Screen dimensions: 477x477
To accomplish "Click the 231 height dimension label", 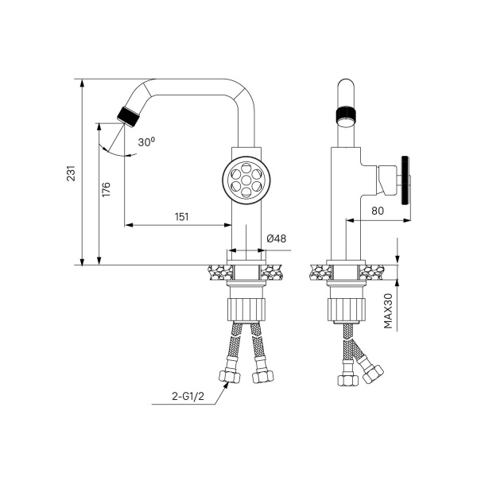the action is pyautogui.click(x=71, y=173).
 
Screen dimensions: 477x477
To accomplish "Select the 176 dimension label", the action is pyautogui.click(x=107, y=189).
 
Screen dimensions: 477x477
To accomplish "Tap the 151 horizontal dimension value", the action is pyautogui.click(x=181, y=216).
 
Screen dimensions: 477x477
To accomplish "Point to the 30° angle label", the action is pyautogui.click(x=146, y=142).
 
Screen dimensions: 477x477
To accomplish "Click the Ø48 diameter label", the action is pyautogui.click(x=277, y=238).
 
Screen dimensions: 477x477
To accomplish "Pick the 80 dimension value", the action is pyautogui.click(x=378, y=211).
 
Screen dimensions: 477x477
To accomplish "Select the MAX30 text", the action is pyautogui.click(x=388, y=311).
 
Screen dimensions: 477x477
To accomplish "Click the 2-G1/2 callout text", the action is pyautogui.click(x=188, y=396).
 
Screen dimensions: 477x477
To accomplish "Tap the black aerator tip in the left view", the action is pyautogui.click(x=128, y=116).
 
